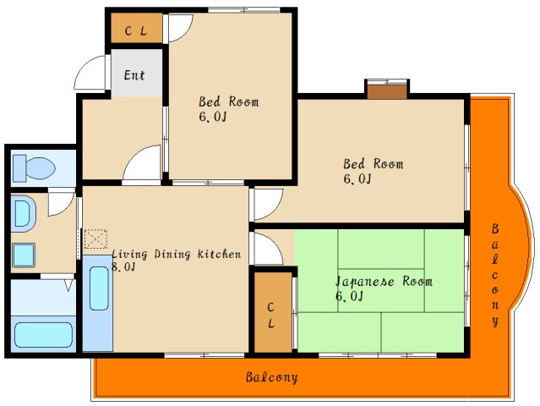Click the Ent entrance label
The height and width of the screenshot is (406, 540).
pyautogui.click(x=134, y=75)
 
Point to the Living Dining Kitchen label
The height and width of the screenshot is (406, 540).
pyautogui.click(x=177, y=255)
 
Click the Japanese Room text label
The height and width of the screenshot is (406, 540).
pyautogui.click(x=384, y=282)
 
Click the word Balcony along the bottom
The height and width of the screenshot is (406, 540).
pyautogui.click(x=271, y=377)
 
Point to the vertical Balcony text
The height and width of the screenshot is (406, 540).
pyautogui.click(x=495, y=275)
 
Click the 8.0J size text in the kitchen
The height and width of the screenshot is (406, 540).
pyautogui.click(x=123, y=267)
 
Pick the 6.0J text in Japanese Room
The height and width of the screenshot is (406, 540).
pyautogui.click(x=349, y=296)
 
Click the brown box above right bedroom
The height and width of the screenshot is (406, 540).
pyautogui.click(x=387, y=89)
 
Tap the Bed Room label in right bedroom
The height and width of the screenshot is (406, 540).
pyautogui.click(x=373, y=164)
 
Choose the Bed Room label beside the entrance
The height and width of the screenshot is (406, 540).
pyautogui.click(x=228, y=102)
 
